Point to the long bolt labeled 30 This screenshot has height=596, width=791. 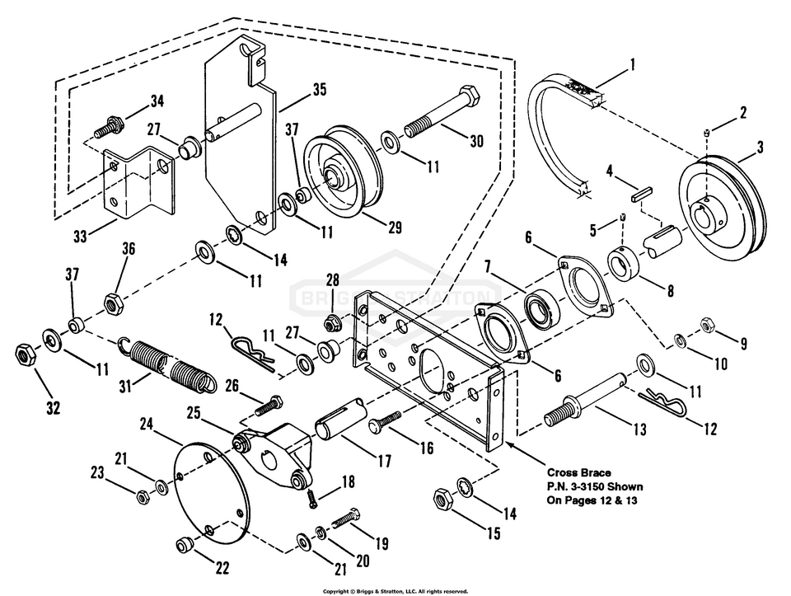pos(442,120)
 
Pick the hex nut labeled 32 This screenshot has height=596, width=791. pos(25,355)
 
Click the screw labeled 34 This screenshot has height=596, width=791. pos(110,128)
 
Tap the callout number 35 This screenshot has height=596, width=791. pos(295,88)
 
